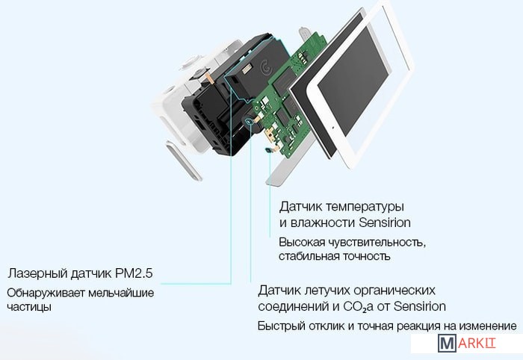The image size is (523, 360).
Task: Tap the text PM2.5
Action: click(x=134, y=273)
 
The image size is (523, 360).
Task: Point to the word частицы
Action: click(x=29, y=307)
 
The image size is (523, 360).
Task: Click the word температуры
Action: click(x=365, y=207)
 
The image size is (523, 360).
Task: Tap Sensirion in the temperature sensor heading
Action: click(x=385, y=223)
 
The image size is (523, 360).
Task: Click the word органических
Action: click(x=394, y=291)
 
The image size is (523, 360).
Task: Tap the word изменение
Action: click(x=488, y=326)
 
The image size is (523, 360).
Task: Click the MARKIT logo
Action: click(x=467, y=344)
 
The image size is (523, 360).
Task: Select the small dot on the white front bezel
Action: click(x=332, y=127)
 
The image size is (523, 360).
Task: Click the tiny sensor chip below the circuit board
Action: click(x=268, y=151)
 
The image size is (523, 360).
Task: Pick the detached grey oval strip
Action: click(x=184, y=161)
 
